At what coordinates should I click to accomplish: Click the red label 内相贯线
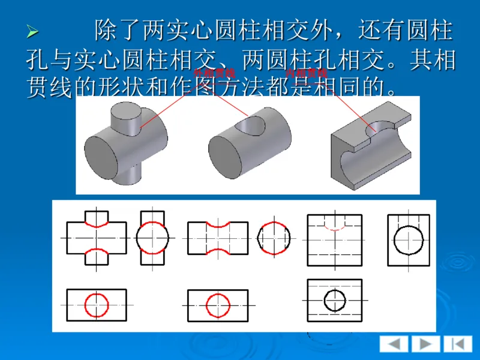(306, 73)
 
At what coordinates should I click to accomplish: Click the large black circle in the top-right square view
(409, 239)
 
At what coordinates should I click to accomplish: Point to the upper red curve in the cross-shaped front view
(97, 223)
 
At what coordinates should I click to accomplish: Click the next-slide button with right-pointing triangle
(425, 344)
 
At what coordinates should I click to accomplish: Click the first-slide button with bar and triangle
(457, 344)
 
